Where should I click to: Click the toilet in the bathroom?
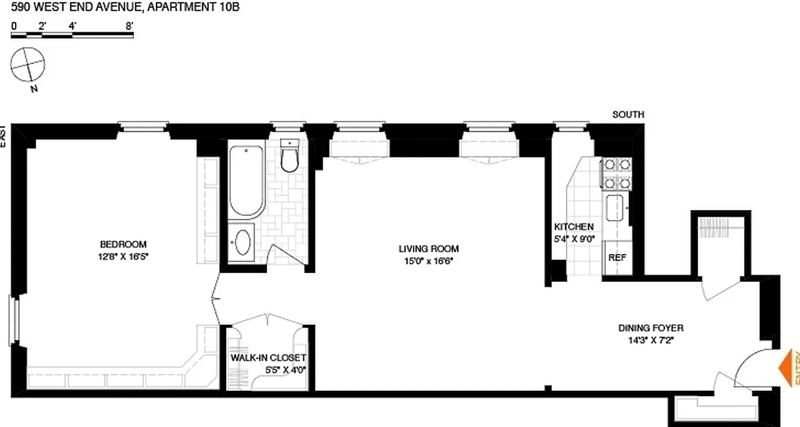point(290,159)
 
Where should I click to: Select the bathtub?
point(246,180)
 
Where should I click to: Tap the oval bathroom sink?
point(242,243)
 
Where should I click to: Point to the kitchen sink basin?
point(615,209)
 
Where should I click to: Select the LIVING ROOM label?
point(428,249)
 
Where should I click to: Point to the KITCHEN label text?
point(573,227)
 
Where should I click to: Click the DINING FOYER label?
point(651,328)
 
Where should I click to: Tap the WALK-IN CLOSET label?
point(268,358)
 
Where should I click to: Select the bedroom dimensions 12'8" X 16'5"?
point(123,256)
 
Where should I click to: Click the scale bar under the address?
point(72,36)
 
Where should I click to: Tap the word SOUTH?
point(628,114)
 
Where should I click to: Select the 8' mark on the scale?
point(129,25)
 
